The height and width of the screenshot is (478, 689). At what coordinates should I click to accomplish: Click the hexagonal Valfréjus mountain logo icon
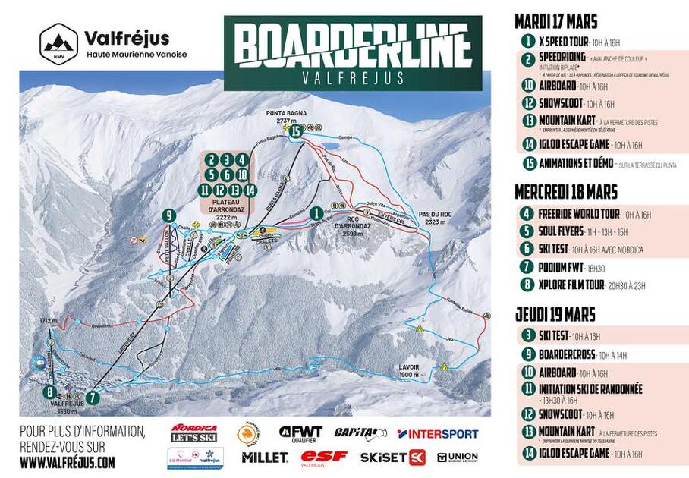click(58, 42)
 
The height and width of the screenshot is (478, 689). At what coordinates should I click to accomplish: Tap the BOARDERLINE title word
click(352, 45)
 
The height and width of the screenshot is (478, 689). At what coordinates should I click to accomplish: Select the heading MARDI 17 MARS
click(555, 21)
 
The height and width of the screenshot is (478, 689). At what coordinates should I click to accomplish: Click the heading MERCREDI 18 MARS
click(566, 191)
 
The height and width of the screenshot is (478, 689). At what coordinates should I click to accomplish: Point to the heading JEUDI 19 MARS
click(555, 314)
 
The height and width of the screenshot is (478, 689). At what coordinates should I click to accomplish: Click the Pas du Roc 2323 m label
click(434, 219)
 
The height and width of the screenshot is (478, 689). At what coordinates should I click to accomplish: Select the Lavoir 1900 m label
click(409, 370)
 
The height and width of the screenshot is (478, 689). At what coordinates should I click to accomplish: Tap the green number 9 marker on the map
click(168, 215)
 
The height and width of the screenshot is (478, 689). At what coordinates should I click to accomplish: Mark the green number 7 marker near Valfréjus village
click(93, 396)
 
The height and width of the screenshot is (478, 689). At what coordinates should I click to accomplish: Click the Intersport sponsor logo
click(438, 434)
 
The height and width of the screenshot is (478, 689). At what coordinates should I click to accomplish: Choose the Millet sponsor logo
click(265, 458)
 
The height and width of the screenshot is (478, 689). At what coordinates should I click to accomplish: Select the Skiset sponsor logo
click(393, 458)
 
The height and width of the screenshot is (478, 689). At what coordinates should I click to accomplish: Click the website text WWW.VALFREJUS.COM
click(68, 461)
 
